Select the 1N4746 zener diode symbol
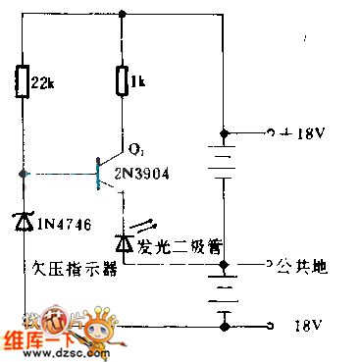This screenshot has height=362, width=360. click(x=22, y=222)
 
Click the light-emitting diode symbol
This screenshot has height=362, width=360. click(x=123, y=238)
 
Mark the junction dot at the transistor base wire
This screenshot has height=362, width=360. click(x=22, y=175)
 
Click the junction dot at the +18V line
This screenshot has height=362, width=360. click(x=224, y=131)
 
